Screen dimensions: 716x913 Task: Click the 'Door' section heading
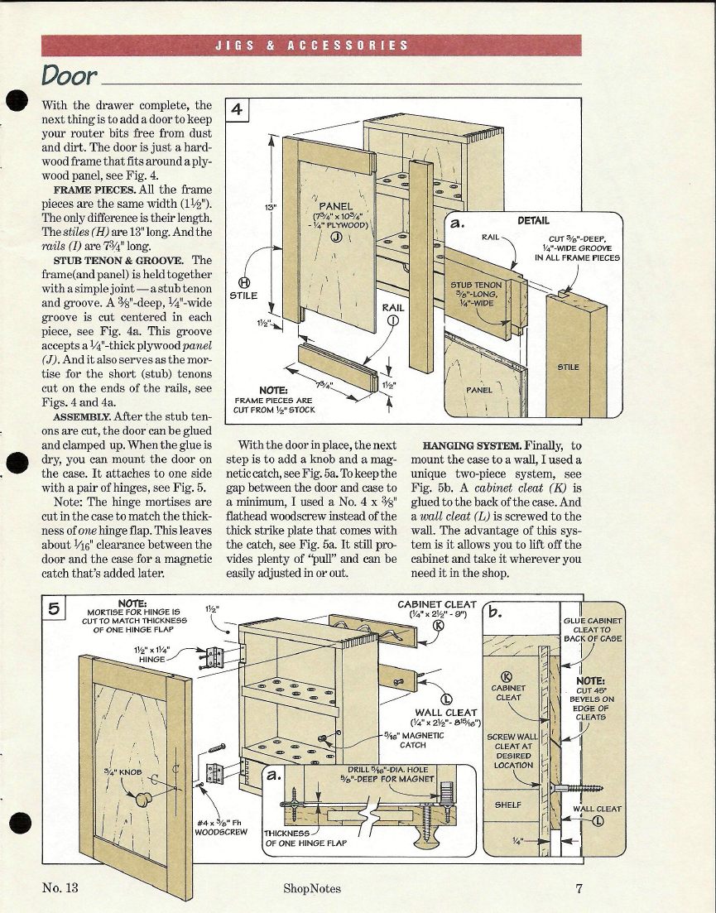pyautogui.click(x=69, y=75)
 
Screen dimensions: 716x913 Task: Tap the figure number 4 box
pyautogui.click(x=237, y=109)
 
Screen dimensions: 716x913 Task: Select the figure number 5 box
pyautogui.click(x=54, y=608)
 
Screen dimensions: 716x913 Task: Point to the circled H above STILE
pyautogui.click(x=244, y=282)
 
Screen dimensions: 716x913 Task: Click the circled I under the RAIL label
pyautogui.click(x=393, y=320)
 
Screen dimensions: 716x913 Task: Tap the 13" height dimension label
pyautogui.click(x=271, y=207)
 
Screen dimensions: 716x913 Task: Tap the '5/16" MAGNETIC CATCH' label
pyautogui.click(x=413, y=740)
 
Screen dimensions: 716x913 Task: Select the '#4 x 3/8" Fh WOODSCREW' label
pyautogui.click(x=221, y=828)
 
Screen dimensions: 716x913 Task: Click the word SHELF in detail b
pyautogui.click(x=508, y=805)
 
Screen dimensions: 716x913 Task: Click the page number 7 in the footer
pyautogui.click(x=579, y=888)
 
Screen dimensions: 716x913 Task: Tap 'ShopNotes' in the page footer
pyautogui.click(x=312, y=888)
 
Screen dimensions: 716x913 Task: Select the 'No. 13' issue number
pyautogui.click(x=60, y=887)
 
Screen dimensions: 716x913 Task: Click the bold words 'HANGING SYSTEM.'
pyautogui.click(x=472, y=446)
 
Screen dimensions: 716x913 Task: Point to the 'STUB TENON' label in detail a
pyautogui.click(x=476, y=285)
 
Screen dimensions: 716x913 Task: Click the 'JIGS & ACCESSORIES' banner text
pyautogui.click(x=312, y=46)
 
